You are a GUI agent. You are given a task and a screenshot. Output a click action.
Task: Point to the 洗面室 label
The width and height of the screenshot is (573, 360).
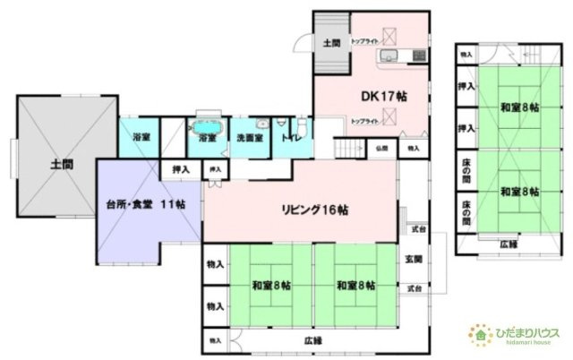tap(250, 139)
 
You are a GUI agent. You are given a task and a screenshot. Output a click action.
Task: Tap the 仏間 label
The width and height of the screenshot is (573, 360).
tap(381, 148)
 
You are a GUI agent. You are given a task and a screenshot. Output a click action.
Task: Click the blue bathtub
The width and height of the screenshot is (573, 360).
tap(209, 124)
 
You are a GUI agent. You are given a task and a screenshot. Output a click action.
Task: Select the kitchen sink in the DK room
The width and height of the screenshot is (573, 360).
tap(388, 58)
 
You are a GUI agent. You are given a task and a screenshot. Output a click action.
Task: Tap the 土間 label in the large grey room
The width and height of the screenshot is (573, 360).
tap(63, 164)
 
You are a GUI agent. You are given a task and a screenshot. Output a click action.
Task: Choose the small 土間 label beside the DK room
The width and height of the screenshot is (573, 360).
tap(330, 43)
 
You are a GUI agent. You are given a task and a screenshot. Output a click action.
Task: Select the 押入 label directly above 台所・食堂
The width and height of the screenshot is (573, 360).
tap(180, 167)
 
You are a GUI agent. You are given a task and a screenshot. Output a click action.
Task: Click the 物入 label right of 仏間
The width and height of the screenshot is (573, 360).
tap(413, 148)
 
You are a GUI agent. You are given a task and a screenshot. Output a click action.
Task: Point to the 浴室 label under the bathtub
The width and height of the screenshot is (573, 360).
tap(208, 139)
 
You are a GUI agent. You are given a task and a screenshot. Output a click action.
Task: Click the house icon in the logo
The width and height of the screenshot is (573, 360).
tap(479, 336)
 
